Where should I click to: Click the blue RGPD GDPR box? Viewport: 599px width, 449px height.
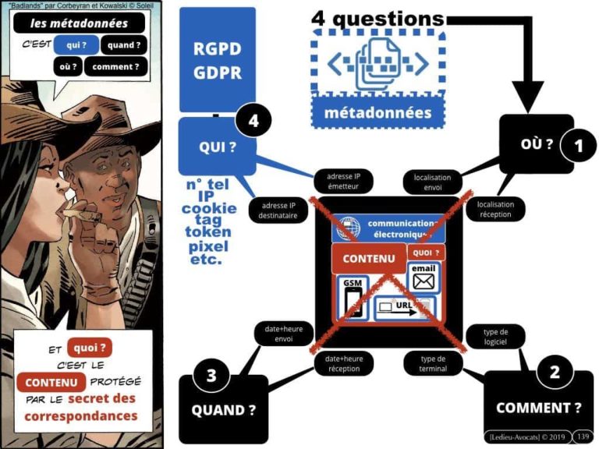point(217,60)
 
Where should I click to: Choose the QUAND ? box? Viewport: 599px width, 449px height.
point(224,408)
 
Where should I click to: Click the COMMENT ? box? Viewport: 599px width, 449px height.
point(539,406)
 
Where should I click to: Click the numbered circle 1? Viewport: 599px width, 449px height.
point(578,145)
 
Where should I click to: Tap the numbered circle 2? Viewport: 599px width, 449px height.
point(555,372)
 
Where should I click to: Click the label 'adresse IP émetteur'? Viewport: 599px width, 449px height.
point(344,182)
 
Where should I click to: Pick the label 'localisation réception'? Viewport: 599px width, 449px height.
point(495,208)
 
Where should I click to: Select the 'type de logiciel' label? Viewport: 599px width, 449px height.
point(495,336)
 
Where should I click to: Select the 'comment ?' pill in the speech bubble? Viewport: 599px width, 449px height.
point(115,67)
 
